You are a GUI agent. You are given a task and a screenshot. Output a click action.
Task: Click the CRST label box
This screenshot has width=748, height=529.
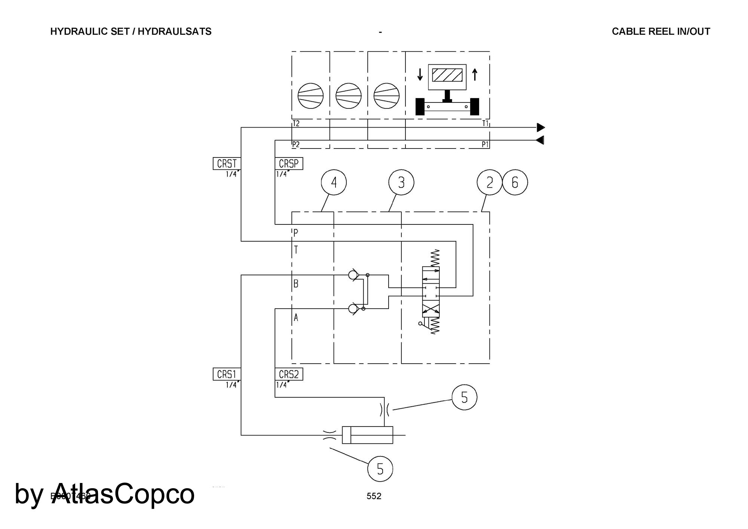(x=227, y=164)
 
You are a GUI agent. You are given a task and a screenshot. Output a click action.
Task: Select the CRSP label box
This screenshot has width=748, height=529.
(x=289, y=164)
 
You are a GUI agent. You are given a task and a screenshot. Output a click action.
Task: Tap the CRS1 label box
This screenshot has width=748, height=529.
(x=227, y=374)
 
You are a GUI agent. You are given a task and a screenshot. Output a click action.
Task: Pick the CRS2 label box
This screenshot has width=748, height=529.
(x=289, y=374)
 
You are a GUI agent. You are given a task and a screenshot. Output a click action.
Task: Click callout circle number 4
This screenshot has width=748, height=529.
(x=334, y=183)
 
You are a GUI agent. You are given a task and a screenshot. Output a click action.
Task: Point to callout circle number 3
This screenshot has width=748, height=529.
(x=401, y=183)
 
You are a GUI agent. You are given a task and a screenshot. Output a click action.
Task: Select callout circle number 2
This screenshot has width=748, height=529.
(x=489, y=183)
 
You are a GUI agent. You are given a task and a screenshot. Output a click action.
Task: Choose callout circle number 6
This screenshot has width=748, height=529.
(x=515, y=183)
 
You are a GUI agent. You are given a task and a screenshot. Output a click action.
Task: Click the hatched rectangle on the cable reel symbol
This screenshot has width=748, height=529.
(x=447, y=75)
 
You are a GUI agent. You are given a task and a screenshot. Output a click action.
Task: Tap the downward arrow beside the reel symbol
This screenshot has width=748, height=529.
(x=420, y=74)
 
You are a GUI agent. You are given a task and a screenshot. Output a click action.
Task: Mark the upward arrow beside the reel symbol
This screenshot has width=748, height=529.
(x=475, y=74)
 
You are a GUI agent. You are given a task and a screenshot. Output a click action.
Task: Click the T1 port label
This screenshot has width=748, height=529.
(x=485, y=123)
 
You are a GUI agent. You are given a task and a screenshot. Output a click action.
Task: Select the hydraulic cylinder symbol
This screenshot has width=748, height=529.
(x=368, y=435)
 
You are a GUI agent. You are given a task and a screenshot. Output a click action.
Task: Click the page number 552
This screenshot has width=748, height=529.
(x=374, y=496)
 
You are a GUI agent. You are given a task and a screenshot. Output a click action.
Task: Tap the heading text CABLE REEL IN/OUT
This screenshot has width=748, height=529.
(x=661, y=31)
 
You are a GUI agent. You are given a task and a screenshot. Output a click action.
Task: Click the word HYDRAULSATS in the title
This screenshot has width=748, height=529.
(x=175, y=31)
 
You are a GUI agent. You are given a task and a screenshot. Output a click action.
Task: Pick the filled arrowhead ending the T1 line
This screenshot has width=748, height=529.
(x=541, y=128)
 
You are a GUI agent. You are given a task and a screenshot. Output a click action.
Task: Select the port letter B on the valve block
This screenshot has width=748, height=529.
(x=296, y=284)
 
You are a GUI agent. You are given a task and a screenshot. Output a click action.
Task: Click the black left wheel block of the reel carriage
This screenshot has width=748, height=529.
(x=420, y=107)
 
